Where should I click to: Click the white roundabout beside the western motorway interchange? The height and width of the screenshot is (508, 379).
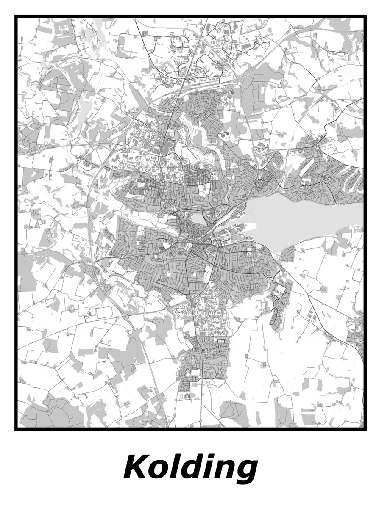pos(128,147)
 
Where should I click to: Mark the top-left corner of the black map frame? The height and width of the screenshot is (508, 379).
pos(16,17)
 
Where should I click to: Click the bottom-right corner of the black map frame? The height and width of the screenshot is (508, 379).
pos(365,429)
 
